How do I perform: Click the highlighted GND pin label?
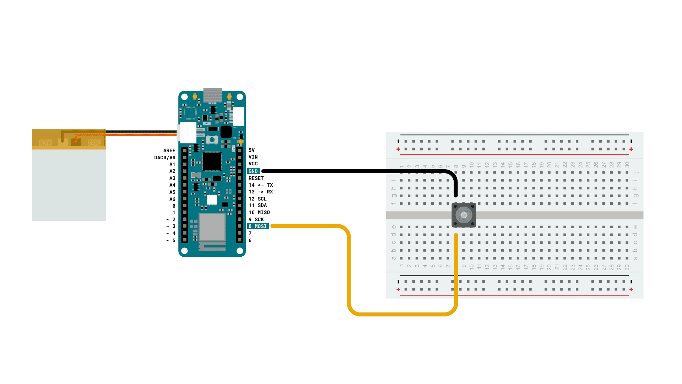[253, 171]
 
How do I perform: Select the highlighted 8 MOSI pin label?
[258, 226]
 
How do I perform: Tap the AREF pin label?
[169, 150]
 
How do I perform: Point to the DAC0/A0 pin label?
[164, 158]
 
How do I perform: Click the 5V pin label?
[251, 150]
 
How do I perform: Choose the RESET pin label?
[256, 178]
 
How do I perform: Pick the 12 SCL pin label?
[258, 199]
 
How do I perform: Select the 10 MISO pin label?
[259, 212]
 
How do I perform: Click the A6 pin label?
[172, 199]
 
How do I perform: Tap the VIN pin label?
[253, 157]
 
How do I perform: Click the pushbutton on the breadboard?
[464, 215]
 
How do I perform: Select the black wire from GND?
[355, 171]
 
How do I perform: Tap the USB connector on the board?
[212, 95]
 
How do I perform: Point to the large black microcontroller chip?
[212, 161]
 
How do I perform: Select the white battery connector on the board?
[188, 133]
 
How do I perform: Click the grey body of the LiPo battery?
[69, 185]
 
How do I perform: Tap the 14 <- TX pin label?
[261, 185]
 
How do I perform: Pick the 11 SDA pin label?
[258, 206]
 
